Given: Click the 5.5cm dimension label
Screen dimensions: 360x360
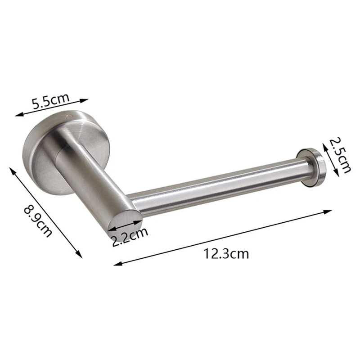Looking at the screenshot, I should (x=50, y=102).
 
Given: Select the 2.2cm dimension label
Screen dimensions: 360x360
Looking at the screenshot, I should (x=130, y=237).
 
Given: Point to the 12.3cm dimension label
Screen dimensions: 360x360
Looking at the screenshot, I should (x=226, y=254).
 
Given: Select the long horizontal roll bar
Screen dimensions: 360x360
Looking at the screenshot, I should (x=216, y=189).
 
